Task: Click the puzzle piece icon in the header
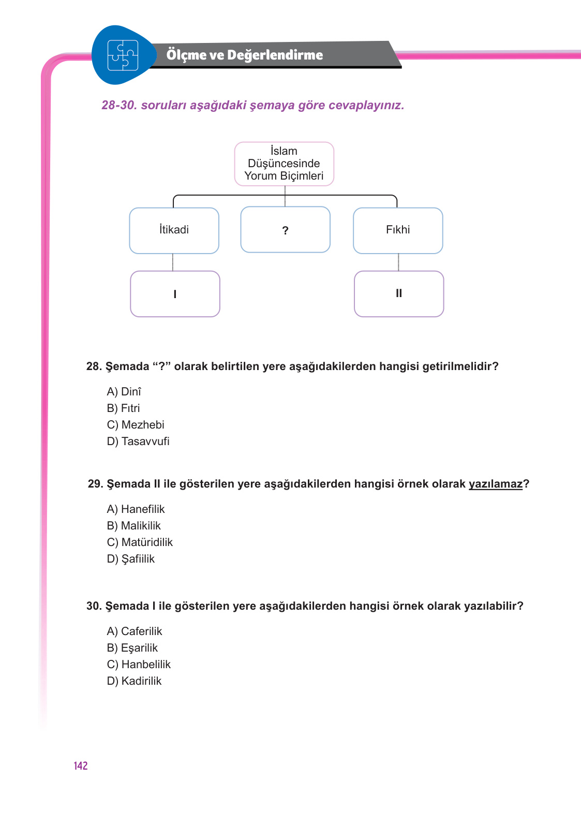pos(123,55)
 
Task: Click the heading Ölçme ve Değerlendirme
pos(244,55)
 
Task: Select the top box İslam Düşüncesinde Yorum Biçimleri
pos(284,164)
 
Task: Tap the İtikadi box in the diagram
pos(174,230)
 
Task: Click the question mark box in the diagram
pos(285,230)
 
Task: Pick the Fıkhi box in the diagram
pos(398,230)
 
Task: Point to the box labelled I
pos(175,294)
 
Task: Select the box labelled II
pos(399,293)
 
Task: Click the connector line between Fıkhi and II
pos(398,262)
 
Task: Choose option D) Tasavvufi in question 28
pos(138,441)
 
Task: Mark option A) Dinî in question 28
pos(124,392)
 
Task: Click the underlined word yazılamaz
pos(495,484)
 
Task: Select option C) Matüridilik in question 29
pos(140,542)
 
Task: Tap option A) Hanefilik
pos(136,509)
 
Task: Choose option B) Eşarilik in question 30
pos(132,648)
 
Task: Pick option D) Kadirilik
pos(134,681)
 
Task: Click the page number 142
pos(81,766)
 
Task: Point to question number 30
pos(94,606)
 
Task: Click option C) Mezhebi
pos(136,425)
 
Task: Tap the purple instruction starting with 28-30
pos(252,106)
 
